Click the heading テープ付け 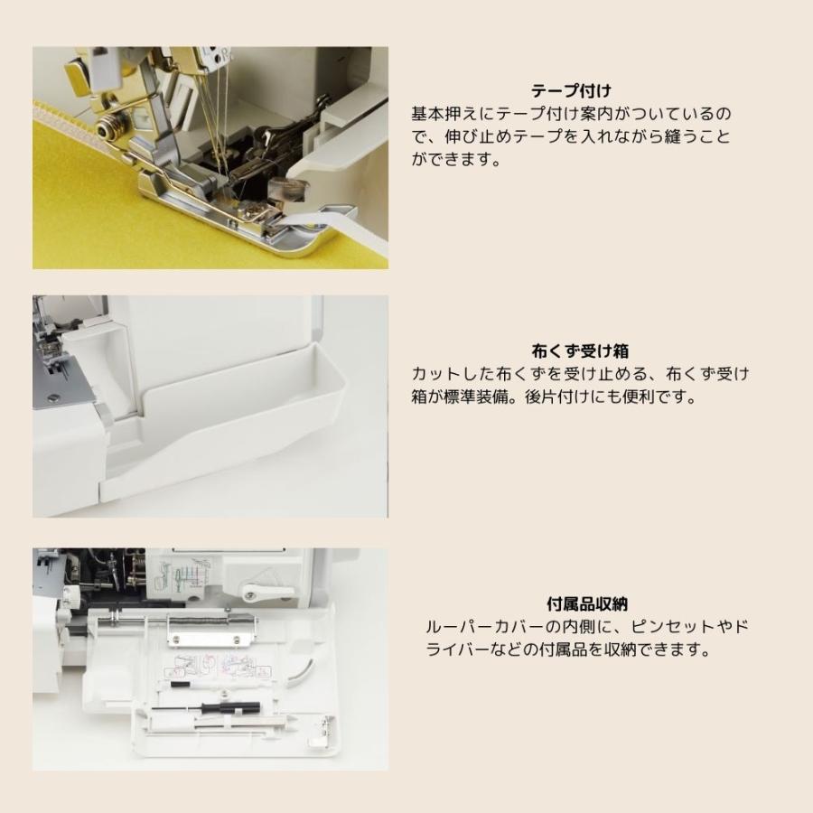571,90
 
